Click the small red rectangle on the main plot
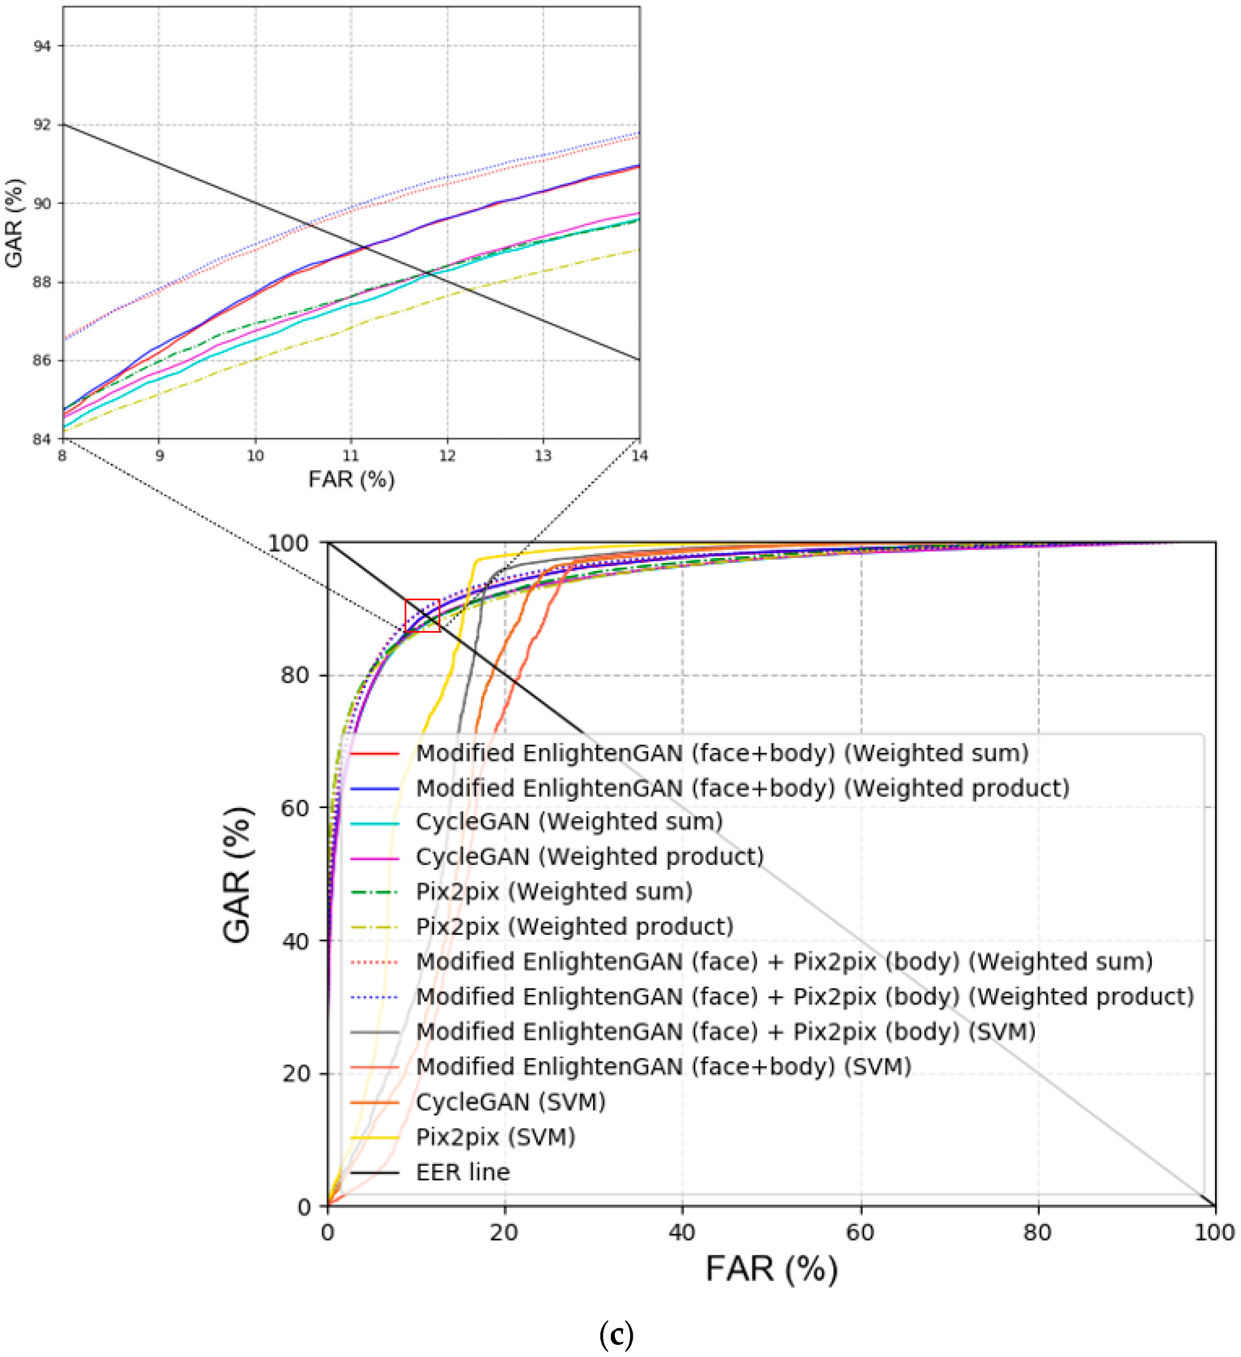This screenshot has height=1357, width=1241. click(422, 615)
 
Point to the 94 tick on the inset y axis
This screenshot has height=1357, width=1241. click(42, 46)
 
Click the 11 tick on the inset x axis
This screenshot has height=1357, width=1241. click(351, 456)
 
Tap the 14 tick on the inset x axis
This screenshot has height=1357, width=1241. click(639, 456)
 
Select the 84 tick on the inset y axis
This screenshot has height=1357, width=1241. click(42, 439)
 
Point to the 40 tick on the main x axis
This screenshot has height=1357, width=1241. click(682, 1233)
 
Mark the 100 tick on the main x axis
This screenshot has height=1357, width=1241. click(1214, 1233)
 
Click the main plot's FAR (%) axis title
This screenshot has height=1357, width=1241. click(772, 1269)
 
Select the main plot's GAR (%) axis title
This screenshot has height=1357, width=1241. click(237, 875)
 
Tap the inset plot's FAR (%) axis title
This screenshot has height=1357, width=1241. click(351, 479)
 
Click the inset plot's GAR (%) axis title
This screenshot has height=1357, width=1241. click(13, 223)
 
